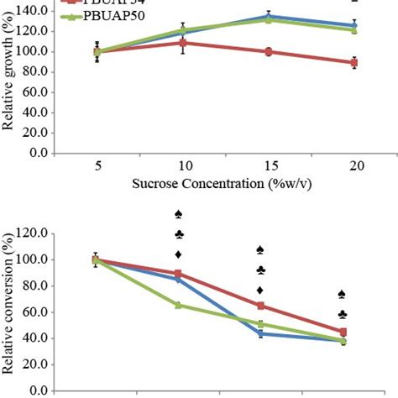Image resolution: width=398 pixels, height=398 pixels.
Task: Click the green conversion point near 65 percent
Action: click(x=178, y=305)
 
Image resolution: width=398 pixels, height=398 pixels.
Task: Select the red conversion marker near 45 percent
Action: click(x=343, y=332)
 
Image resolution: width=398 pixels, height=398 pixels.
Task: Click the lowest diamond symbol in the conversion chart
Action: click(x=260, y=290)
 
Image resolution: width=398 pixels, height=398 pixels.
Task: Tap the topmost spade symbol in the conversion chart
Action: click(x=178, y=214)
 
